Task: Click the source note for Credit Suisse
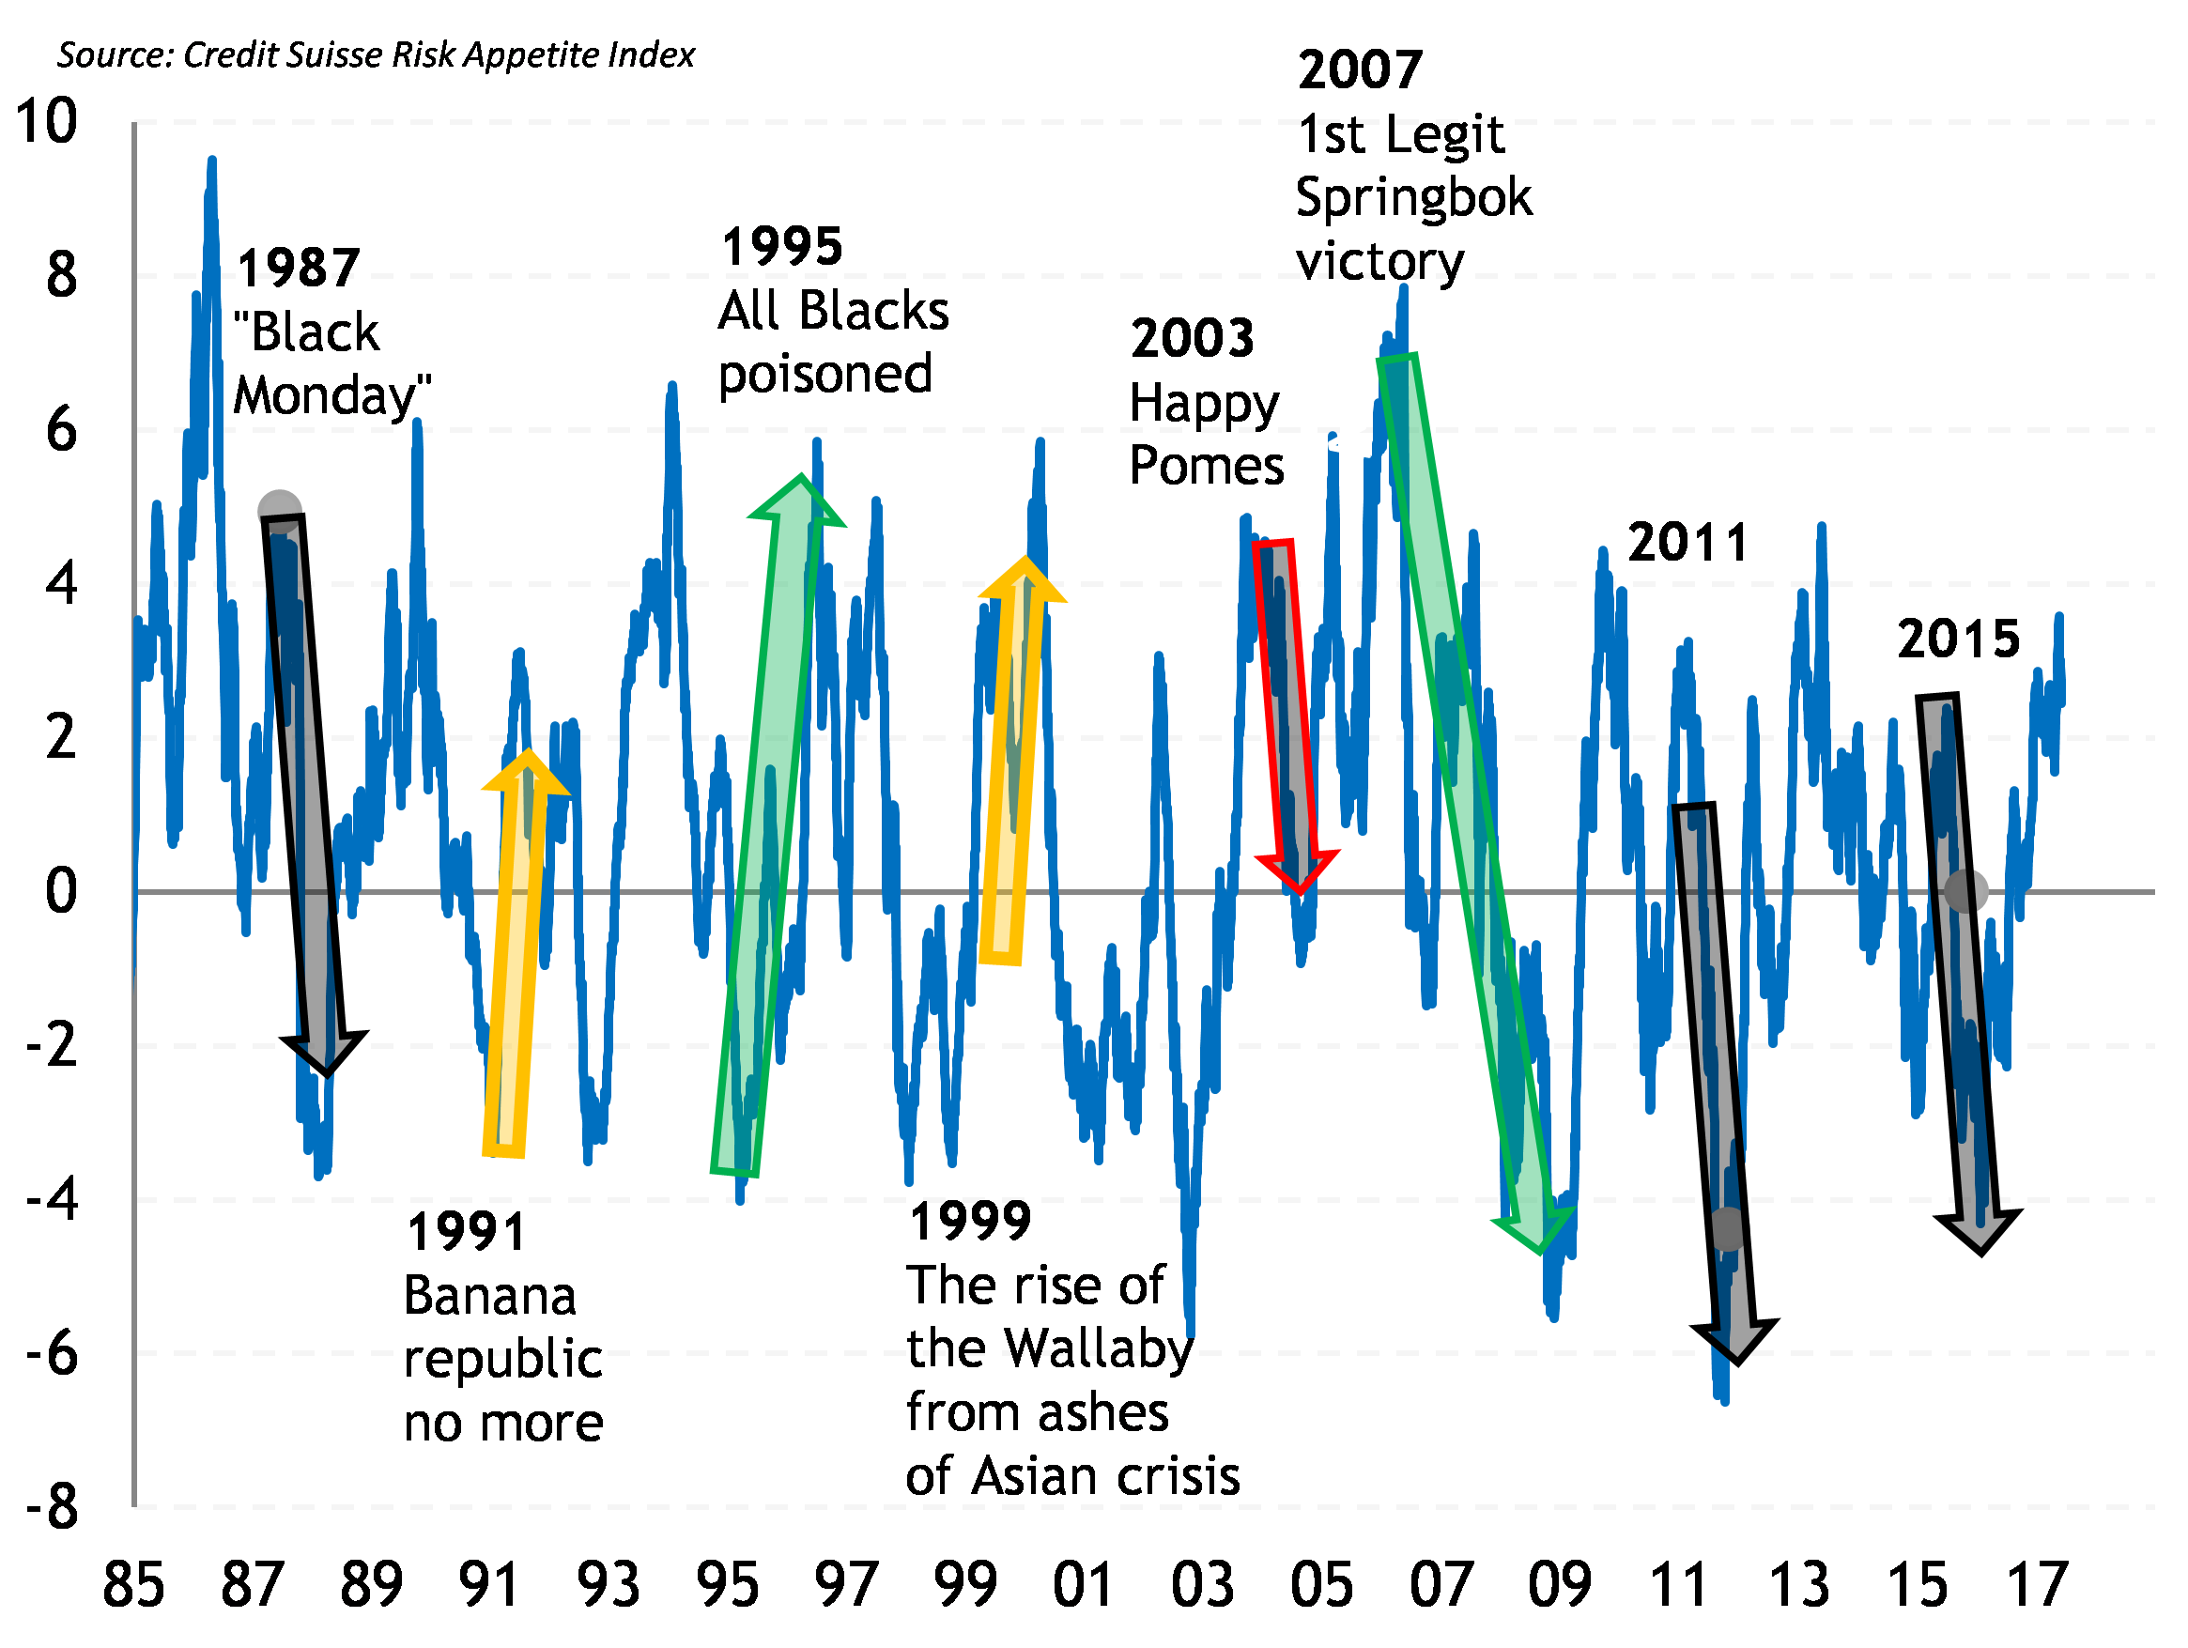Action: click(x=375, y=55)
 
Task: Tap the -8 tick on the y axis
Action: click(x=53, y=1507)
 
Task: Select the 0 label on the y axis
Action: click(x=60, y=891)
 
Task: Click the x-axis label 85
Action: click(x=133, y=1585)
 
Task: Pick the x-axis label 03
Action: click(x=1202, y=1585)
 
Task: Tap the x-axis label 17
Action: click(x=2037, y=1585)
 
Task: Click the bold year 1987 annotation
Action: click(x=299, y=270)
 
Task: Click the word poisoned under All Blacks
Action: click(x=824, y=375)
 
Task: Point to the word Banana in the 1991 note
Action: click(x=489, y=1296)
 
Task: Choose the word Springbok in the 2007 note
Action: click(x=1413, y=198)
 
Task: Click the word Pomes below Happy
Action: click(x=1207, y=466)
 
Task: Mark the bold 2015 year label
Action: click(x=1958, y=639)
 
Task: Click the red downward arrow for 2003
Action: click(x=1286, y=712)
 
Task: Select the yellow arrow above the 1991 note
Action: click(x=516, y=949)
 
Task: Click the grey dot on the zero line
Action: click(x=1965, y=890)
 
